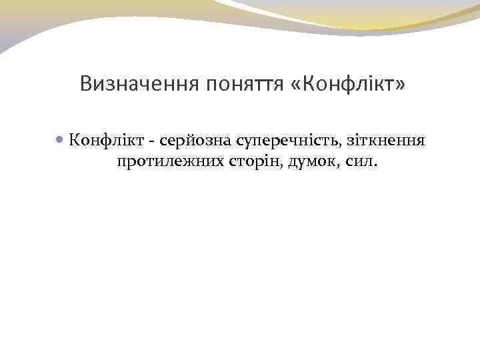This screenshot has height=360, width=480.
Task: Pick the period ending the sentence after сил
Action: pyautogui.click(x=375, y=165)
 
